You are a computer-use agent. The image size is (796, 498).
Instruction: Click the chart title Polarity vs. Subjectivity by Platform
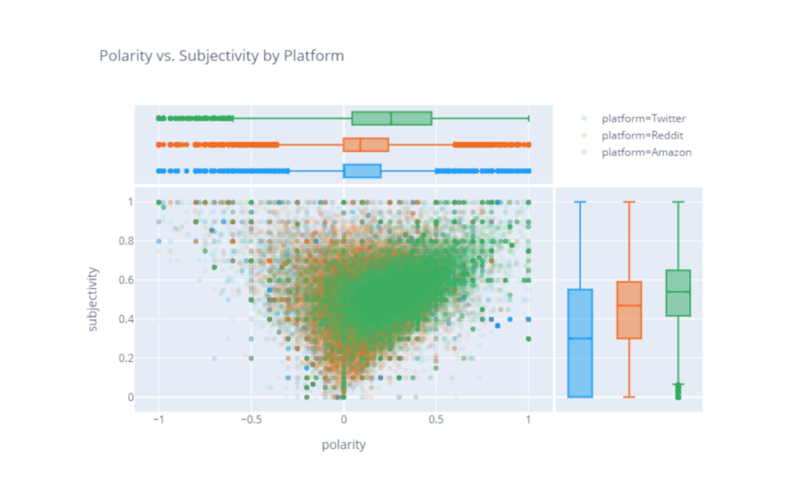point(221,56)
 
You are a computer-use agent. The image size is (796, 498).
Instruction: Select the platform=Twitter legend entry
point(643,119)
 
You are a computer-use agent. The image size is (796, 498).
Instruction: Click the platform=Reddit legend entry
point(642,135)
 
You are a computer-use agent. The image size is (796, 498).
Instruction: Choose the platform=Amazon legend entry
point(646,152)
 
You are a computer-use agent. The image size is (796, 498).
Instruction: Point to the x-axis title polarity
point(343,444)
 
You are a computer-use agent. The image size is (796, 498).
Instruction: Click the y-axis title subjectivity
point(93,299)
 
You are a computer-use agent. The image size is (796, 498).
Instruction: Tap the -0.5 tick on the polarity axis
point(251,419)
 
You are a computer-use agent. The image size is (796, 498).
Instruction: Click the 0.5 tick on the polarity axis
point(436,419)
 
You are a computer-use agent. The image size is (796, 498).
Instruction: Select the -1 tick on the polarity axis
point(158,419)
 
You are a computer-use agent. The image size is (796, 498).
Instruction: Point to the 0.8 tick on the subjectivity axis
point(126,241)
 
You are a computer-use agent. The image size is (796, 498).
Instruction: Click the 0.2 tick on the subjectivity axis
point(126,358)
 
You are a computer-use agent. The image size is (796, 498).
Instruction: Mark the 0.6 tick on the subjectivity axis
point(126,280)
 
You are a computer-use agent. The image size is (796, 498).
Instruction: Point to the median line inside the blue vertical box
point(580,339)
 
